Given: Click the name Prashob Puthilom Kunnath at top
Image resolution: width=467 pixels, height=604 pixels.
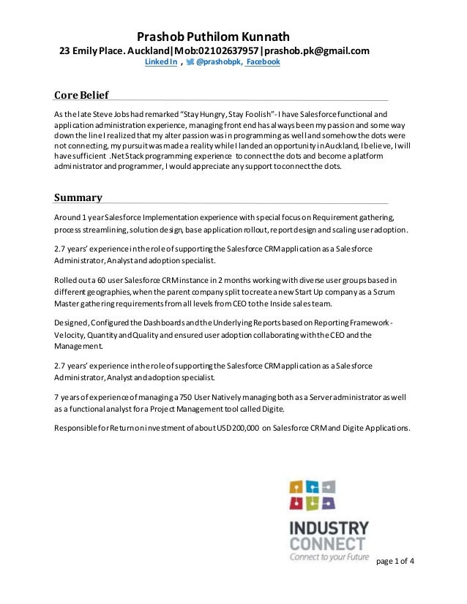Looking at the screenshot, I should [214, 36].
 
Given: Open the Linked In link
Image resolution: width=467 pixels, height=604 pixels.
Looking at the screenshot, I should [160, 64].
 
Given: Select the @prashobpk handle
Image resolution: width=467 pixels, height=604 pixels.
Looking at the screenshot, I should [219, 64].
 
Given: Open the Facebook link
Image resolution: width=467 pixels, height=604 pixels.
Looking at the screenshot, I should [263, 64].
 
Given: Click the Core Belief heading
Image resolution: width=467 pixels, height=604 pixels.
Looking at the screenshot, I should [81, 95].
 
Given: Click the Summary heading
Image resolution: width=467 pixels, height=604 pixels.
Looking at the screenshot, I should [78, 198].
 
